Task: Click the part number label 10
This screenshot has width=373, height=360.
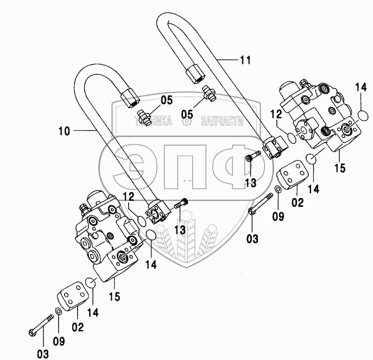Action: point(64,130)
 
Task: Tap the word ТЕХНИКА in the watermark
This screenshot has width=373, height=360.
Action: point(153,122)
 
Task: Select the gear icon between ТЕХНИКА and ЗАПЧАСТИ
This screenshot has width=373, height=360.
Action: point(187,122)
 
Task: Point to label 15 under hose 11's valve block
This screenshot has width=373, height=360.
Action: point(339,168)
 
